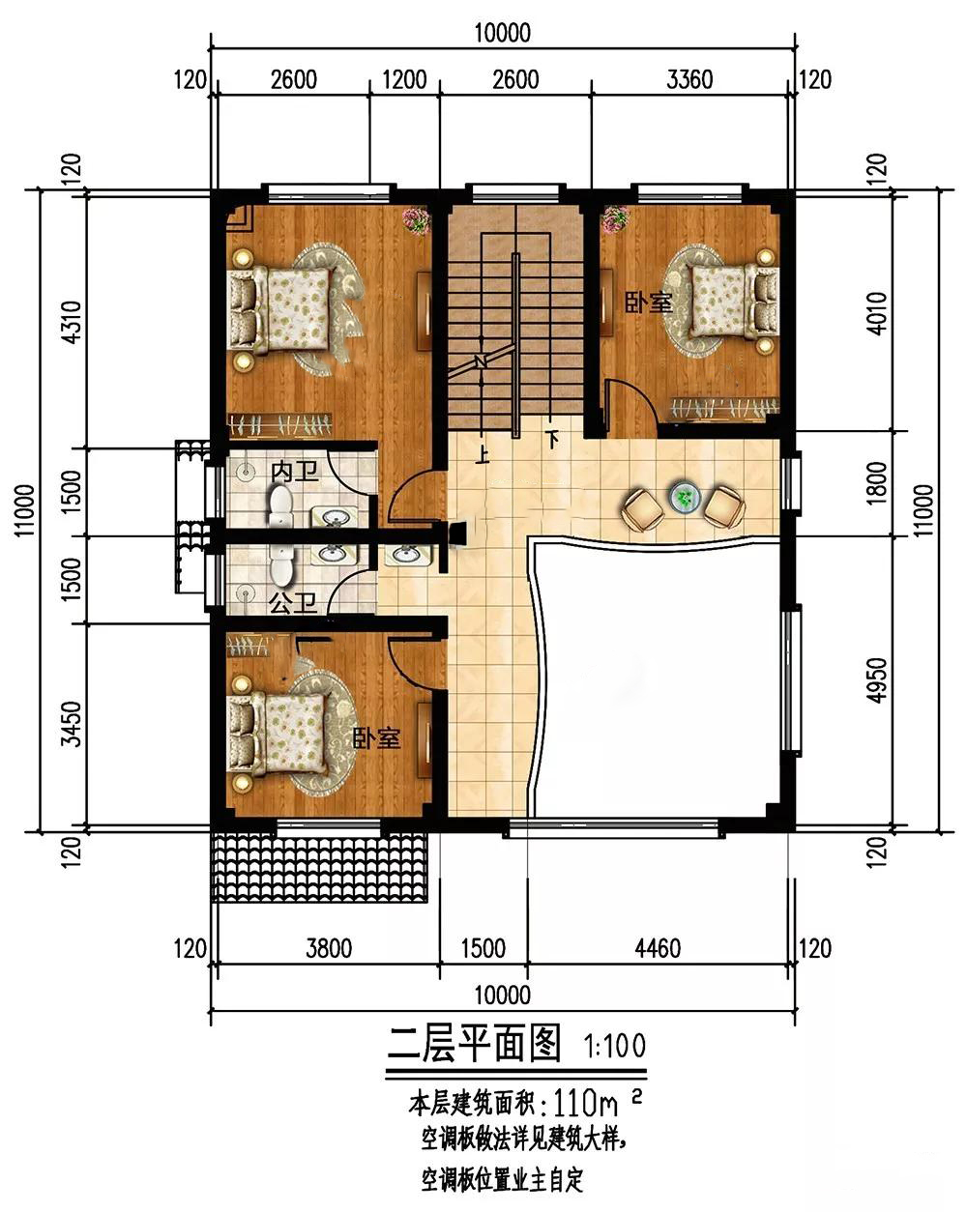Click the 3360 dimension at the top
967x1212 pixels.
point(689,79)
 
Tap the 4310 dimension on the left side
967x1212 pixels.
point(73,322)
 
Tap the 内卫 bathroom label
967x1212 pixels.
point(295,472)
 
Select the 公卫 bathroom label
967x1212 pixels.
point(292,603)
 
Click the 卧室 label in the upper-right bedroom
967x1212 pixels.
point(648,303)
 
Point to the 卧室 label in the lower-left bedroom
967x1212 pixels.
point(376,737)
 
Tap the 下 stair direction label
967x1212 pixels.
point(554,440)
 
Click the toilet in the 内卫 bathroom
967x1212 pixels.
point(280,506)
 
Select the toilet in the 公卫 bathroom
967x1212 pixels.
point(281,563)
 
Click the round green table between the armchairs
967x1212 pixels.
point(686,498)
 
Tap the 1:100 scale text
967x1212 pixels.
point(614,1046)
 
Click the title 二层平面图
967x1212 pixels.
point(475,1043)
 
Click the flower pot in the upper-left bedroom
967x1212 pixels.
point(416,220)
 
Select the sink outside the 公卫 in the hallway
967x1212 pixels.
point(406,556)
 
